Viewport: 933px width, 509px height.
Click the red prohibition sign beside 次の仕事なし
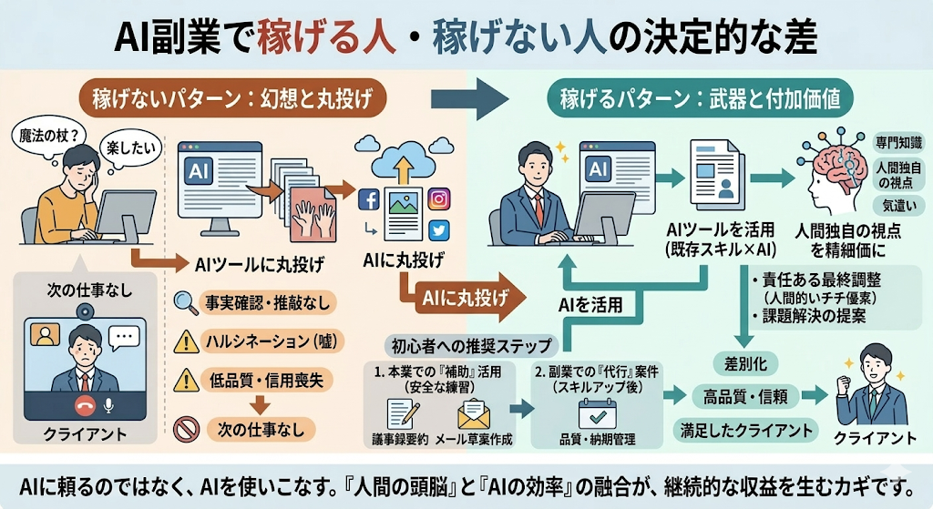coord(186,427)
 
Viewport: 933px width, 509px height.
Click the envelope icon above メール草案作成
coord(474,414)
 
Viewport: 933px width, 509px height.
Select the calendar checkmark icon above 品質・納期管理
coord(598,414)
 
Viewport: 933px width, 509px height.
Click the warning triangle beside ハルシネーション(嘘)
coord(186,341)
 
